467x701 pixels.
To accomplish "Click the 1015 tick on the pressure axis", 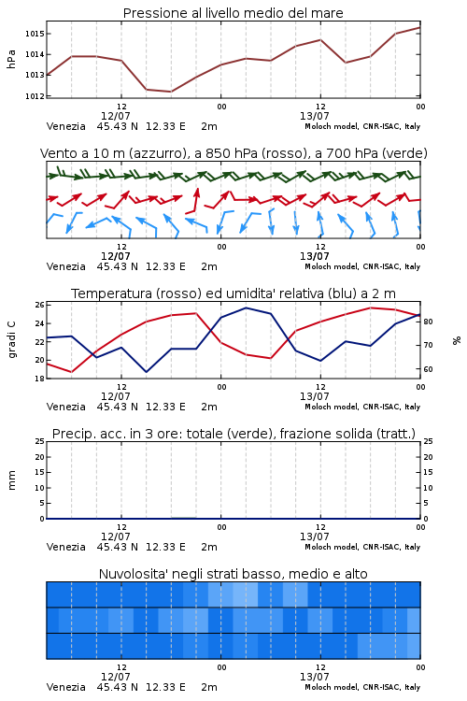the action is (35, 34).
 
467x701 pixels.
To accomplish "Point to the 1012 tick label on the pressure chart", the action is (35, 95).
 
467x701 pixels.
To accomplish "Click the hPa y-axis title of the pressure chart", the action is (11, 59).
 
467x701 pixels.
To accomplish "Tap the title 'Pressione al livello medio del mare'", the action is (233, 13).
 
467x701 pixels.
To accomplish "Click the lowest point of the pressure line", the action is (171, 92).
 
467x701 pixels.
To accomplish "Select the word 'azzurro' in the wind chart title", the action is (156, 153).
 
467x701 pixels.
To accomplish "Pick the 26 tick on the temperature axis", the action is (40, 305).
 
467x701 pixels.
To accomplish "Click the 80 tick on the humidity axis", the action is (428, 322).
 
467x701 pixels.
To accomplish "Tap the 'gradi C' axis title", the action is (11, 339).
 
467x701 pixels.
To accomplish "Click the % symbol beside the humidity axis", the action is (457, 340).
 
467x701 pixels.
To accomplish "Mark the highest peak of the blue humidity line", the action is (246, 308).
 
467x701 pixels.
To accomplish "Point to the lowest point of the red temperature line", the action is (71, 372).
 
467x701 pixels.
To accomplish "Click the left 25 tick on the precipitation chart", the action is (40, 441).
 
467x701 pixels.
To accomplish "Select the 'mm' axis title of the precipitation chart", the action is (11, 480).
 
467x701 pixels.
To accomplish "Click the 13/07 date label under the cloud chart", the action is (315, 677).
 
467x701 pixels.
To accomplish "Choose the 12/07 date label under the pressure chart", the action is (116, 116).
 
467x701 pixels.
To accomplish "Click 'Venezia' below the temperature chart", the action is (66, 407).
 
